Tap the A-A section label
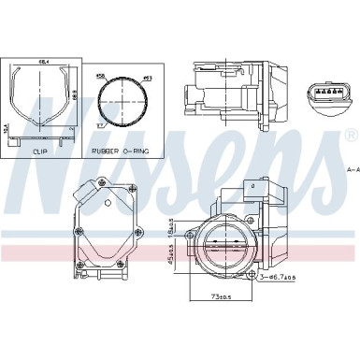[352, 169]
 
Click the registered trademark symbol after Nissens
[351, 137]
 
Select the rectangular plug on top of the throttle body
[251, 190]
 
